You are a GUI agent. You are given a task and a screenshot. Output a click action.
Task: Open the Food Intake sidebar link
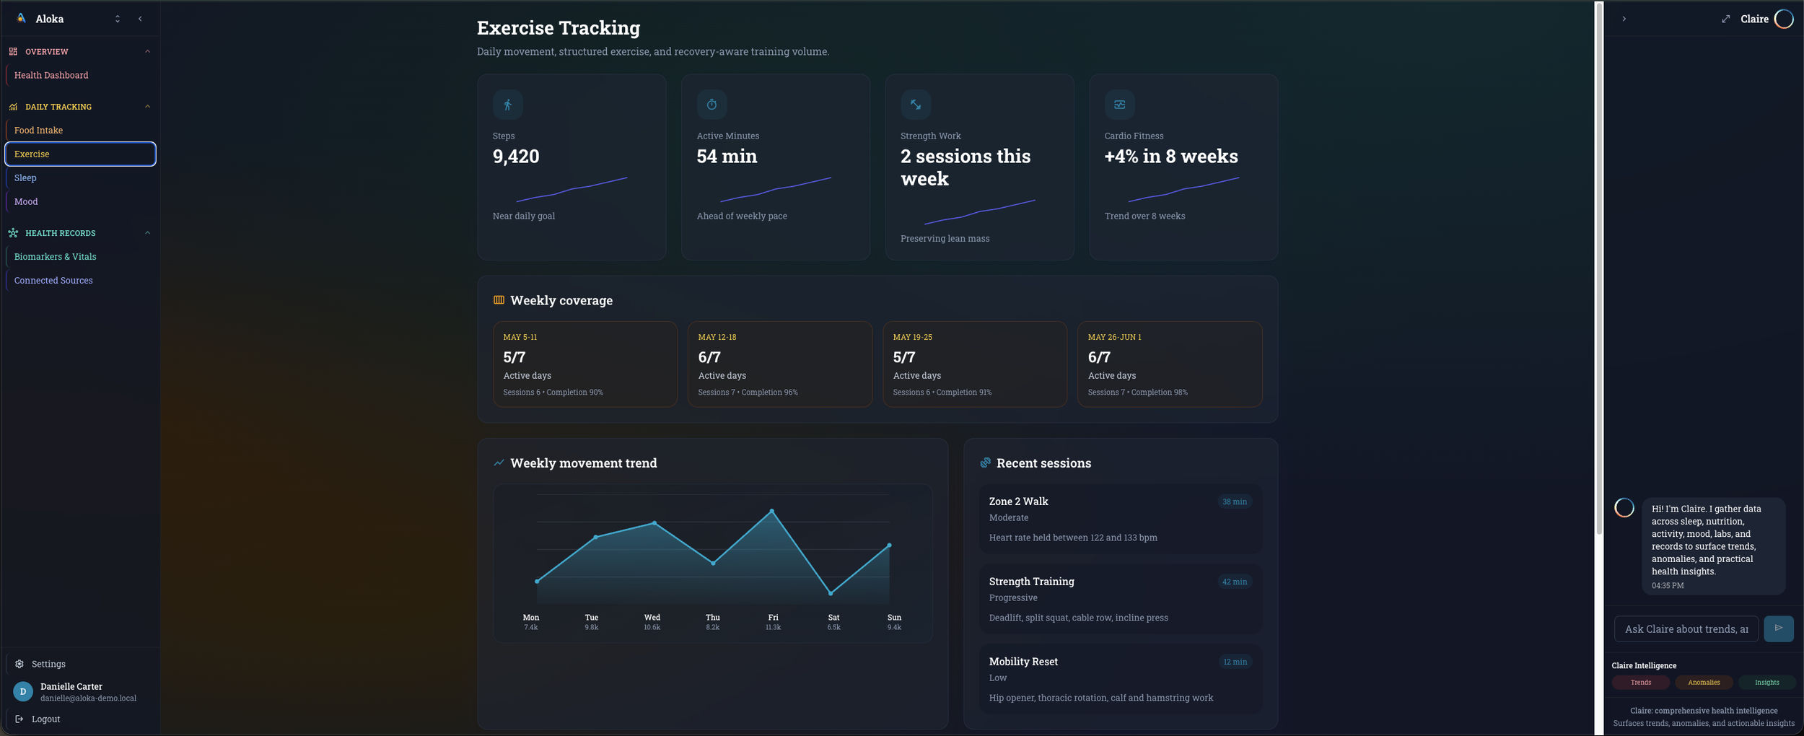pyautogui.click(x=38, y=130)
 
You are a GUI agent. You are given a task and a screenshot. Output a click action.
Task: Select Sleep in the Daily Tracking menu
pyautogui.click(x=25, y=178)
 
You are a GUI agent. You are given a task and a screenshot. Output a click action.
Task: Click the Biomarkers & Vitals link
pyautogui.click(x=55, y=256)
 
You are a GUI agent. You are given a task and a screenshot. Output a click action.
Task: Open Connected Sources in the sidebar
pyautogui.click(x=53, y=280)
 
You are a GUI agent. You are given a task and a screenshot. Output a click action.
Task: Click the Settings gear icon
pyautogui.click(x=19, y=664)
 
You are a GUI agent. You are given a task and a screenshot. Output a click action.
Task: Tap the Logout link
pyautogui.click(x=45, y=719)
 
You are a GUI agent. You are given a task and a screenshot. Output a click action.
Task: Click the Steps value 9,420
pyautogui.click(x=516, y=156)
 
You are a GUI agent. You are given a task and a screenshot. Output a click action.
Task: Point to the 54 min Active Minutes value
pyautogui.click(x=727, y=156)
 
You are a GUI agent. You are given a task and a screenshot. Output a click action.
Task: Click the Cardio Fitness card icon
pyautogui.click(x=1119, y=105)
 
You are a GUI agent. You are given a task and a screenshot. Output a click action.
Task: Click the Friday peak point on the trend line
pyautogui.click(x=772, y=511)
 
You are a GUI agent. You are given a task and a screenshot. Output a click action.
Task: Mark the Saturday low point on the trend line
pyautogui.click(x=831, y=593)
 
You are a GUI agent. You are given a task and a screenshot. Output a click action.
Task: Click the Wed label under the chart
pyautogui.click(x=652, y=617)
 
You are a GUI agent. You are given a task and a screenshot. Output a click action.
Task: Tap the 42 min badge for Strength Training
pyautogui.click(x=1234, y=582)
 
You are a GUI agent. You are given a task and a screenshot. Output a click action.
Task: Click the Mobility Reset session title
pyautogui.click(x=1023, y=661)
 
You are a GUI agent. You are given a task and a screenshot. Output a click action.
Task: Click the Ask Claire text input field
pyautogui.click(x=1686, y=628)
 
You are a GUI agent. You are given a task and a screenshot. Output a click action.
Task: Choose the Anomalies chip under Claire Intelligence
pyautogui.click(x=1704, y=682)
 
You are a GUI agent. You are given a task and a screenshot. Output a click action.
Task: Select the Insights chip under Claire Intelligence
pyautogui.click(x=1766, y=682)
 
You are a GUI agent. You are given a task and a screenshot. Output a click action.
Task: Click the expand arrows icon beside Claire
pyautogui.click(x=1725, y=19)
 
